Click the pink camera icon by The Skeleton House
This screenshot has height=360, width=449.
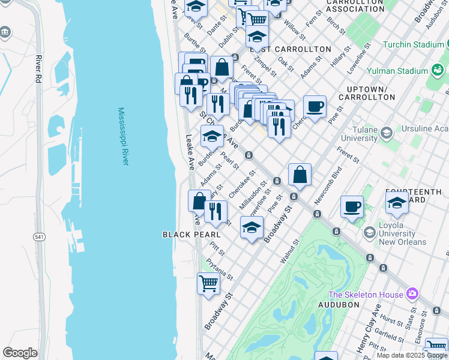click(x=412, y=294)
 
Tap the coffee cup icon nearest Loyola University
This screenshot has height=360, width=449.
click(x=352, y=207)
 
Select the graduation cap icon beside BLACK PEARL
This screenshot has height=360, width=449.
click(x=252, y=227)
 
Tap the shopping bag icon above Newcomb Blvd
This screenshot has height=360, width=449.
click(x=300, y=175)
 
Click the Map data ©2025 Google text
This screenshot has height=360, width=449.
click(x=412, y=355)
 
